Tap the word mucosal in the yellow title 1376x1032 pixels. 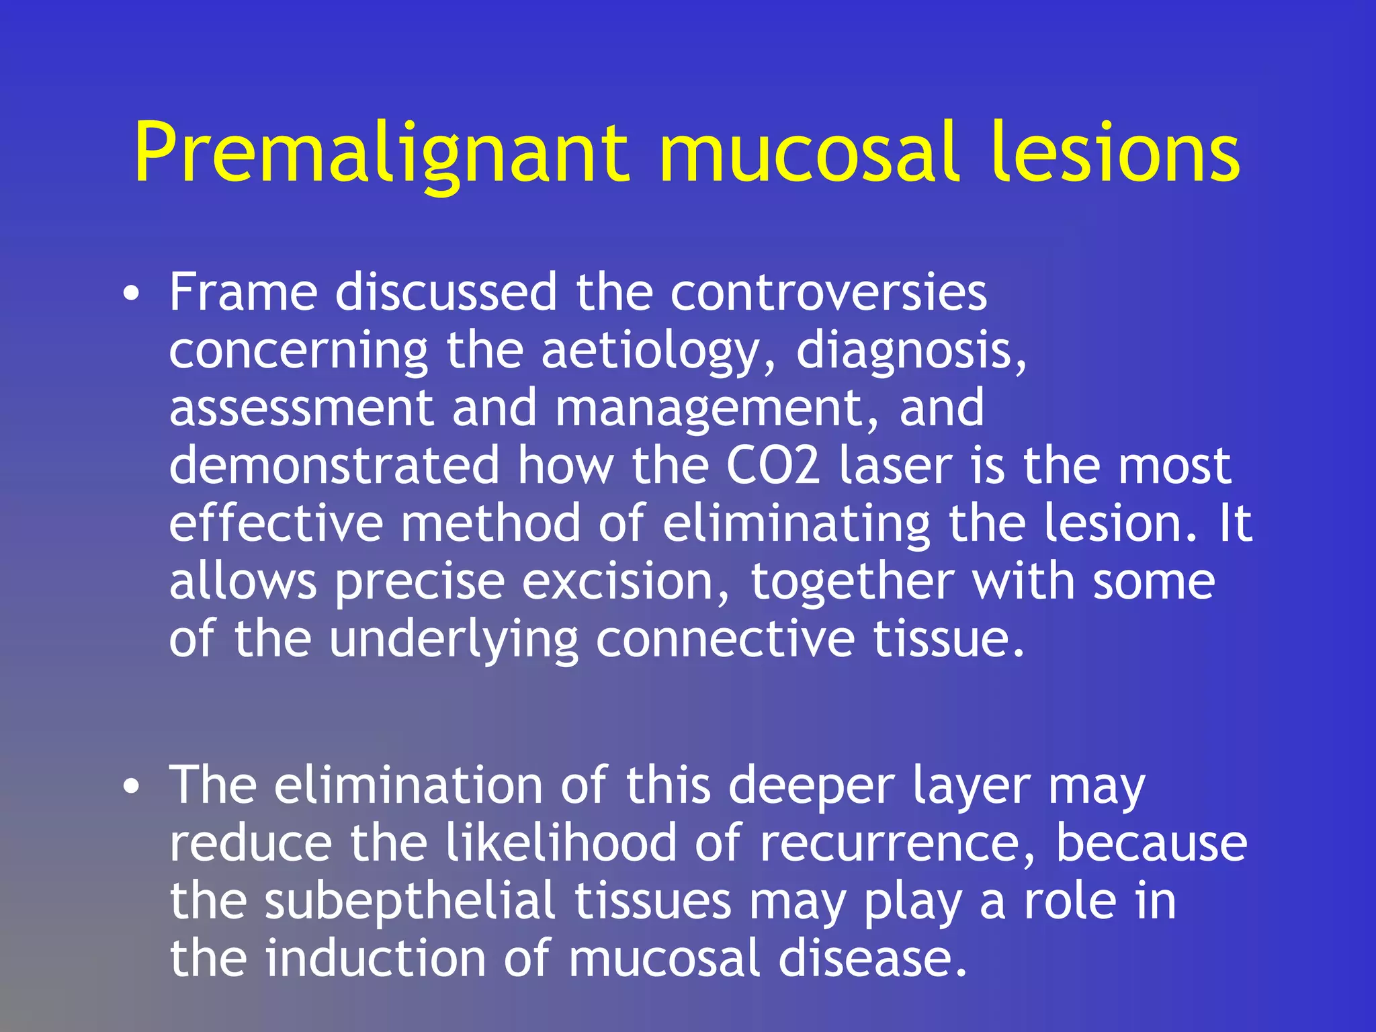[807, 153]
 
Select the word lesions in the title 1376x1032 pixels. [1115, 153]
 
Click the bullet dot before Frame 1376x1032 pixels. [132, 294]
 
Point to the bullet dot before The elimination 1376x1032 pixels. [132, 787]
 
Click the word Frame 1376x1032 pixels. [243, 293]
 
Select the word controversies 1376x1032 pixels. [828, 293]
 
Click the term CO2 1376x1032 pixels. [773, 466]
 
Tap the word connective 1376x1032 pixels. [726, 639]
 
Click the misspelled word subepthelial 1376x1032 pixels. [410, 902]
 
